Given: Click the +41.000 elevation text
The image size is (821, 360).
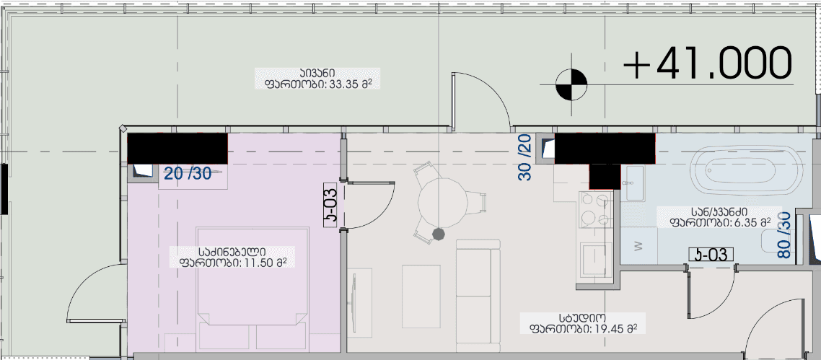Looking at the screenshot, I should [x=708, y=63].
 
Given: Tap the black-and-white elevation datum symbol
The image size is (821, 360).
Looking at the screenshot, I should [x=571, y=84].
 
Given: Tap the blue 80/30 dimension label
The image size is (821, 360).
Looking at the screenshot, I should [x=785, y=235].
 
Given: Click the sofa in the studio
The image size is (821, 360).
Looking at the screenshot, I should [x=477, y=285].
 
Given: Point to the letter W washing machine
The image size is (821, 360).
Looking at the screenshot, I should [x=637, y=245].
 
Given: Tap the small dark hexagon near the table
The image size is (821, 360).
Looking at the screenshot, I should [x=437, y=233].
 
